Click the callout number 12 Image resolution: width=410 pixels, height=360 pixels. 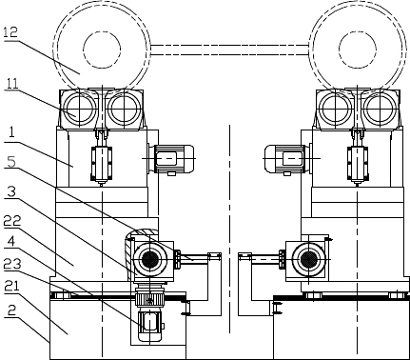point(10,33)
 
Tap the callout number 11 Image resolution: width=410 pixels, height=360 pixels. point(11,83)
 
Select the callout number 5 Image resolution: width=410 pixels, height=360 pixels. point(11,162)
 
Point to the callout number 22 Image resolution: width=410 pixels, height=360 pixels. point(12,221)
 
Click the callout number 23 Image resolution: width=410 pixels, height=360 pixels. point(12,265)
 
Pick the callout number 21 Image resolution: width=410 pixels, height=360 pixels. point(11,287)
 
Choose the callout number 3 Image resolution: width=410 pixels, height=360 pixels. point(11,192)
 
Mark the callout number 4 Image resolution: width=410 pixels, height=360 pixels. point(10,242)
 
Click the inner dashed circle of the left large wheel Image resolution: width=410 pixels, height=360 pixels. point(102,31)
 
